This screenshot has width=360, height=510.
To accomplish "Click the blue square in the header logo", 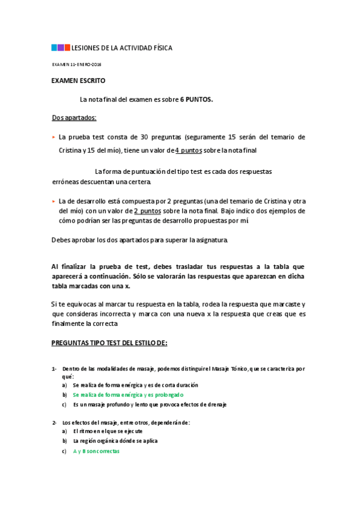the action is pos(54,47).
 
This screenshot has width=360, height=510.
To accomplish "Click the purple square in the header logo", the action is pos(67,47).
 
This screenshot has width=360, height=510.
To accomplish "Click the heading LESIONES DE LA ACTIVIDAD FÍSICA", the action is pos(122,48).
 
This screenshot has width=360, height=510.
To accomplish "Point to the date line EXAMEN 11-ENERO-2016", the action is pos(77,64).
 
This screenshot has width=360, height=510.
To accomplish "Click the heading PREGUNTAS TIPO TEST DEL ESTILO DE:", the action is pos(109,343).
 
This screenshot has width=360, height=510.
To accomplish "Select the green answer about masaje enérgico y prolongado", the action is pos(128,395).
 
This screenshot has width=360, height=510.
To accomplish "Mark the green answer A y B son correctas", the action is pos(96,451).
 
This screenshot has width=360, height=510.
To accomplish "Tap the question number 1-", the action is pos(54,368).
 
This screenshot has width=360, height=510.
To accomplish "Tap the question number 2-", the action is pos(54,422).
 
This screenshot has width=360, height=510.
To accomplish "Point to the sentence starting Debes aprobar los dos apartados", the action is pos(140,241).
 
